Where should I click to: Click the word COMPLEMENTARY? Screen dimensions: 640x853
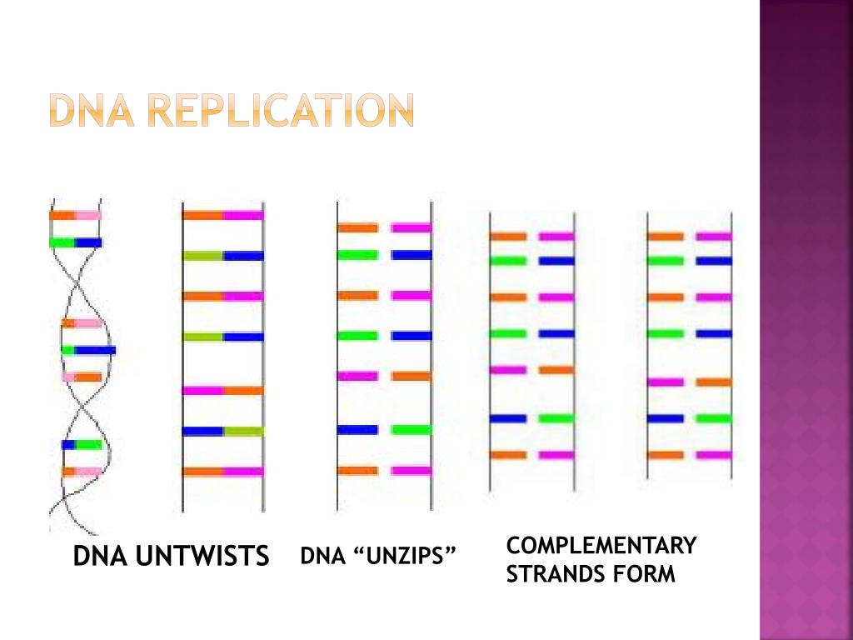point(601,546)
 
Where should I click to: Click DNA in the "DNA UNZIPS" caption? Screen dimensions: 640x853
point(322,556)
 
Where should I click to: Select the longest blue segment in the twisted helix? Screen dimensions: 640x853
point(96,350)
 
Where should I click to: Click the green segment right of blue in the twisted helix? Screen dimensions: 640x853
point(89,444)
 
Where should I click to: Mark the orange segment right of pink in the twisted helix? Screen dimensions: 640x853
point(89,377)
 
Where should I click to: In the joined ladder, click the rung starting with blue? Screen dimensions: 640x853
point(222,431)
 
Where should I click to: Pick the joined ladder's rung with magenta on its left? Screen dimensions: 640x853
point(222,390)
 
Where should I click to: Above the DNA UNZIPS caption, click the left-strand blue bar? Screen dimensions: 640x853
point(357,430)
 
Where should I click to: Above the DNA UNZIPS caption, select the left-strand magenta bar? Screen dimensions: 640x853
point(357,376)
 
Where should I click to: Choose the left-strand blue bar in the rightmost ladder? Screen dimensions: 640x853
point(666,418)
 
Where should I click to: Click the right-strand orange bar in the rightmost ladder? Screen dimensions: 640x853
point(714,382)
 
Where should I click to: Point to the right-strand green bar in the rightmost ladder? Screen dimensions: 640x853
point(714,418)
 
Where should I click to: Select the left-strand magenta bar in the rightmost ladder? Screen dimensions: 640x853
point(666,382)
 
